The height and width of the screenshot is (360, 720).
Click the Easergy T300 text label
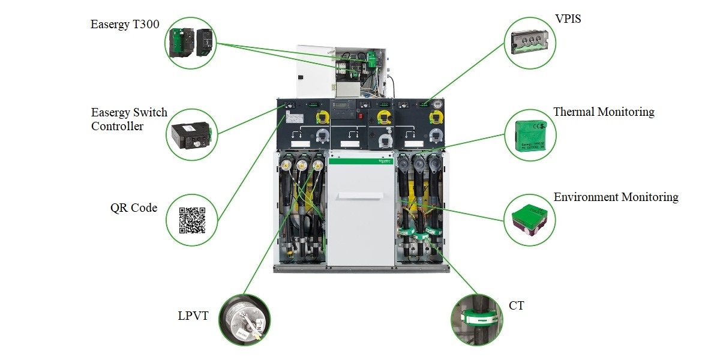[x=125, y=25]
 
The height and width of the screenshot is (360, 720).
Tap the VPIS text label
[x=569, y=19]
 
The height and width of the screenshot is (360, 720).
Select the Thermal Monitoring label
[x=604, y=112]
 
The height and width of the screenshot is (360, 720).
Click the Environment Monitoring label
[x=616, y=197]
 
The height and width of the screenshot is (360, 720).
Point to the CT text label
[x=516, y=306]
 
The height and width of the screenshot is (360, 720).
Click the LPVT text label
[x=193, y=316]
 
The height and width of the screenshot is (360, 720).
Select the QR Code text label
[x=134, y=208]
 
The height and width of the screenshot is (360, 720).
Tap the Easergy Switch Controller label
[x=129, y=119]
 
